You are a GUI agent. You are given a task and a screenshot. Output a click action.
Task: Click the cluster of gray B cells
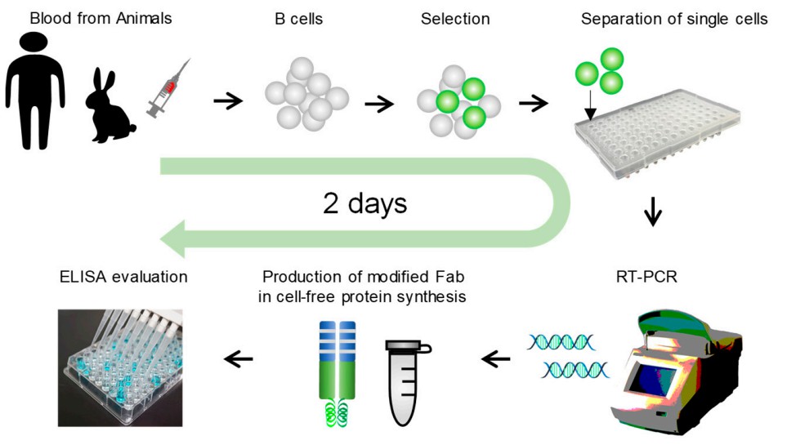click(306, 96)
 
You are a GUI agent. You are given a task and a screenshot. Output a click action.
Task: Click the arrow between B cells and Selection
click(378, 104)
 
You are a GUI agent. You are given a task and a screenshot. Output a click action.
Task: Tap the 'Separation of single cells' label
click(674, 18)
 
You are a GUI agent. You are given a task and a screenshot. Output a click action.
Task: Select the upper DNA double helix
click(560, 340)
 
